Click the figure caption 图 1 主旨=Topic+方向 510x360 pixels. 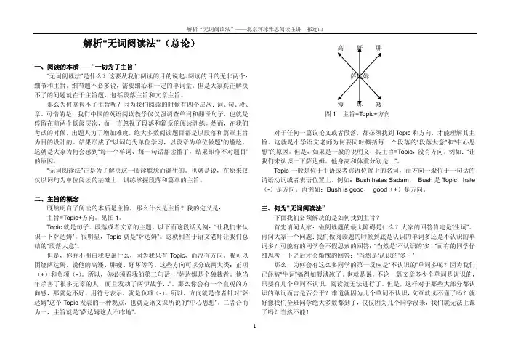[358, 115]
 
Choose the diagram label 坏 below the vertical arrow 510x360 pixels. [359, 105]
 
